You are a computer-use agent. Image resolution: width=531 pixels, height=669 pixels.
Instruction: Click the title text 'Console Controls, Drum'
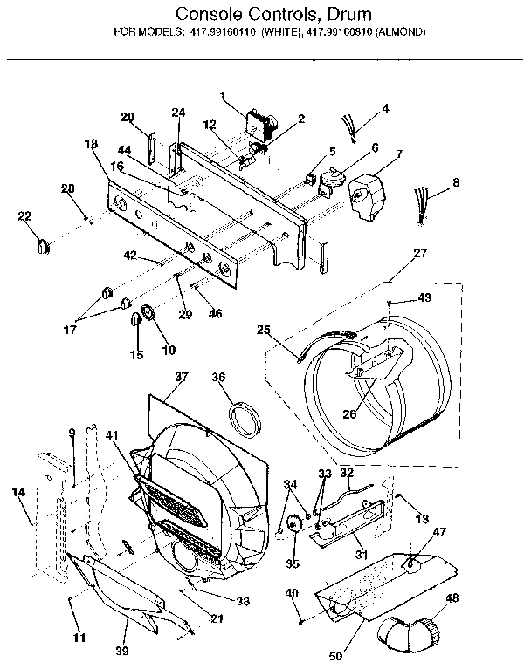[x=261, y=14]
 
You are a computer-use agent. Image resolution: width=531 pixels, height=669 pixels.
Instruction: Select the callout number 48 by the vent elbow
[x=452, y=597]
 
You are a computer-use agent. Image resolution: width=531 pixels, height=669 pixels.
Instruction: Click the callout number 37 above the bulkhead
[x=181, y=378]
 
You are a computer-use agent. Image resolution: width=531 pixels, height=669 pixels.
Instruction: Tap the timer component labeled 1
[x=260, y=125]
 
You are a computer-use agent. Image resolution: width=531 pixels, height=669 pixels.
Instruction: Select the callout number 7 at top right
[x=399, y=154]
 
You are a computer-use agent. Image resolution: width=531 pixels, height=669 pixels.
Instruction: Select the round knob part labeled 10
[x=148, y=313]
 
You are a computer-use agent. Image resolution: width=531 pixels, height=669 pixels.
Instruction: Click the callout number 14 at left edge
[x=18, y=492]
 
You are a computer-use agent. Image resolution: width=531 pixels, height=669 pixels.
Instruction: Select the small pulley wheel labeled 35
[x=292, y=526]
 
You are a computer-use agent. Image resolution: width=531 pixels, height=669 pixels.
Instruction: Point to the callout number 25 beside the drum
[x=263, y=329]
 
